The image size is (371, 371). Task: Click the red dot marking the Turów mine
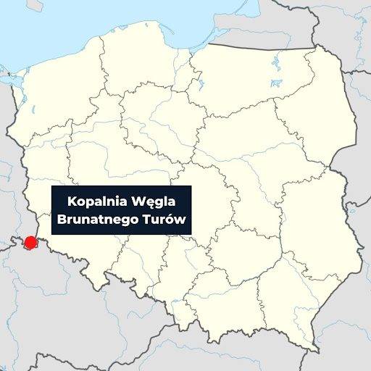[30, 242]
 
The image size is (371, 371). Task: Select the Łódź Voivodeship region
[199, 203]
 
